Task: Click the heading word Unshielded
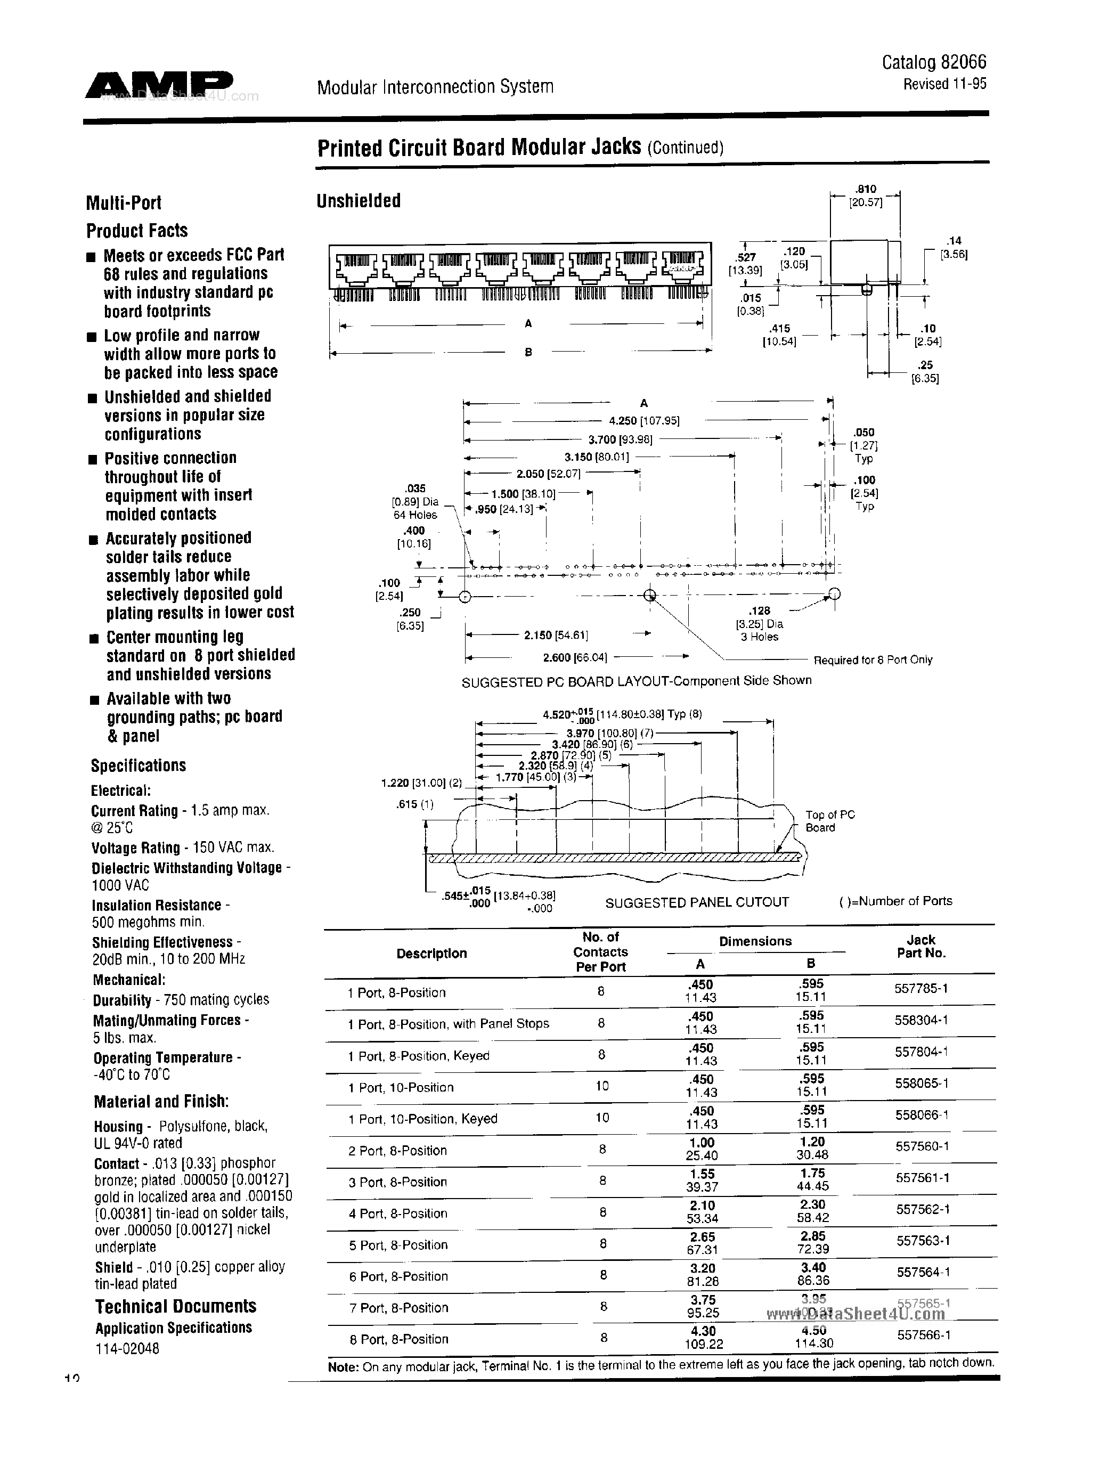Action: (359, 201)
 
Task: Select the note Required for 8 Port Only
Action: (873, 659)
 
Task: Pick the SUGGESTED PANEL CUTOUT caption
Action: (697, 902)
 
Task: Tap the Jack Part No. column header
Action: (921, 946)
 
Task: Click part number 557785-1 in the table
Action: (921, 989)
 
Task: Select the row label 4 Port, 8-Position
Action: (398, 1214)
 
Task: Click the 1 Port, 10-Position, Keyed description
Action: (422, 1119)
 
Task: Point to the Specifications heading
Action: (138, 765)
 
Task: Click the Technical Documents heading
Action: (175, 1306)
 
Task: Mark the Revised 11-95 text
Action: (945, 84)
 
